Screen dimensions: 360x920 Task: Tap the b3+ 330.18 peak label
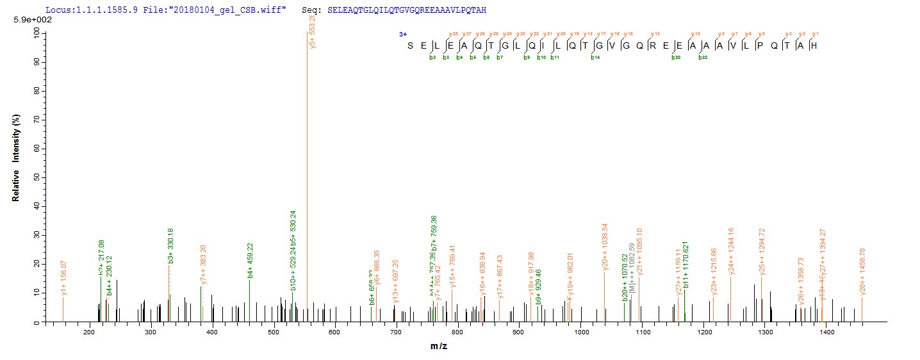(x=170, y=246)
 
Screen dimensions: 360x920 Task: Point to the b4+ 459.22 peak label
(x=250, y=261)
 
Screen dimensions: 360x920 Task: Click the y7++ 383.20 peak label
(x=203, y=264)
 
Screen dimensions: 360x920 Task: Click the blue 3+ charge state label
(x=403, y=34)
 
